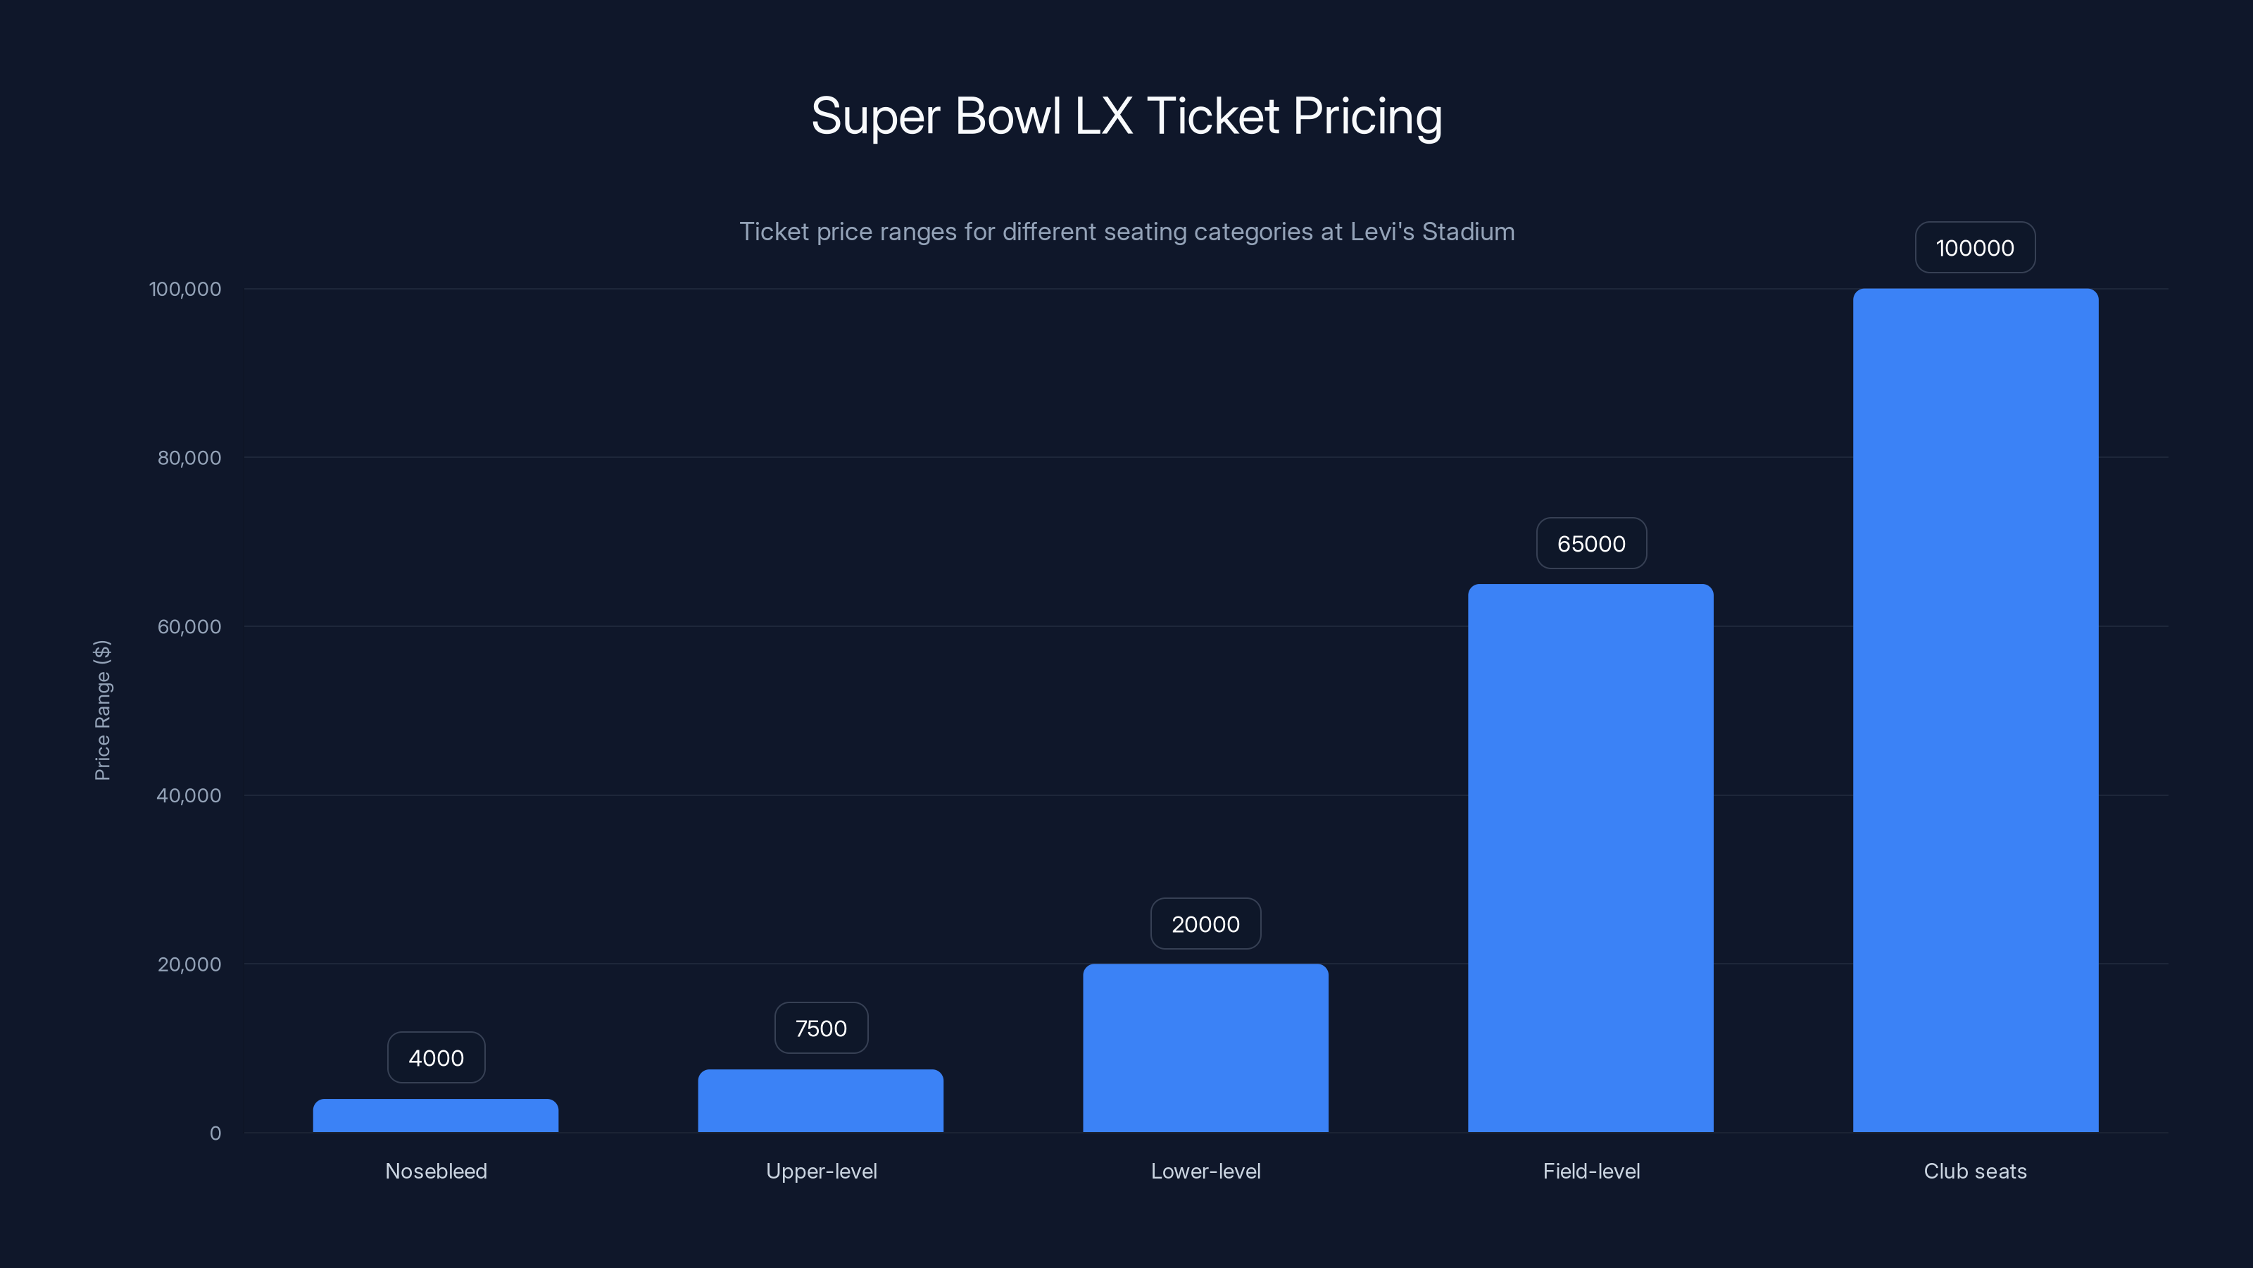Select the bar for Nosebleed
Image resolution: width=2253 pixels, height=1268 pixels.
coord(436,1116)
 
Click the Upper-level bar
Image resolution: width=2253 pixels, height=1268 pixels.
coord(820,1101)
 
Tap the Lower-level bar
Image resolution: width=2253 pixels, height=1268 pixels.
coord(1205,1048)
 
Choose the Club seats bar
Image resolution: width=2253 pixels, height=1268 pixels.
coord(1975,711)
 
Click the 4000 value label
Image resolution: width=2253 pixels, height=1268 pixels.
coord(436,1058)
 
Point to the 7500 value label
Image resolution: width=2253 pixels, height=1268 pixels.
coord(820,1028)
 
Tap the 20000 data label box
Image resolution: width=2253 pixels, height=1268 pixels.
coord(1205,924)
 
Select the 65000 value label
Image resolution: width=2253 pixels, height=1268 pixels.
coord(1591,543)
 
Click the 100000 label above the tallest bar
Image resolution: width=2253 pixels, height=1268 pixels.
coord(1975,248)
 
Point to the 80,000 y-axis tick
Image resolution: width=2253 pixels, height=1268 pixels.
coord(189,458)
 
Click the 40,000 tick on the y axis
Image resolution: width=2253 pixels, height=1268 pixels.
coord(189,795)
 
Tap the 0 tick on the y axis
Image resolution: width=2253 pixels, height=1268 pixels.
coord(215,1133)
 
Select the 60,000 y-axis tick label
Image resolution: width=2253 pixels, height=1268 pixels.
coord(189,626)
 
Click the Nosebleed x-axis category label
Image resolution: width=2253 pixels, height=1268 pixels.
coord(436,1171)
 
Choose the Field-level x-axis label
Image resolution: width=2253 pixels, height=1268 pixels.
coord(1591,1171)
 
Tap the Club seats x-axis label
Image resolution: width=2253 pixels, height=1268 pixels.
coord(1975,1171)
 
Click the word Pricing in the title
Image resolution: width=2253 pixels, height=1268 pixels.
coord(1367,116)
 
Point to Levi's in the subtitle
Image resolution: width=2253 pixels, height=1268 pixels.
coord(1382,231)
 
